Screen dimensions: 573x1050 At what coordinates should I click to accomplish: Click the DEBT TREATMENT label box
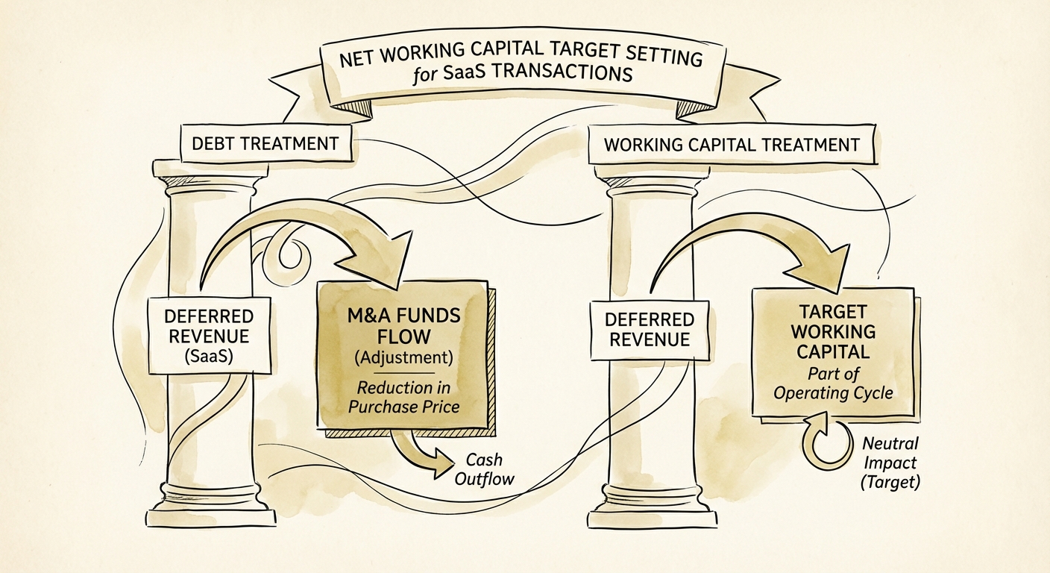(x=266, y=143)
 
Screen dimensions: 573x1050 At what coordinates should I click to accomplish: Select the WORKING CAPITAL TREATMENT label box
(x=732, y=144)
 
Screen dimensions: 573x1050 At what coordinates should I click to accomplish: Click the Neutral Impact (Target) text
(x=890, y=463)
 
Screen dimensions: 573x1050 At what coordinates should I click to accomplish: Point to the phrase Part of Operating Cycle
(x=832, y=383)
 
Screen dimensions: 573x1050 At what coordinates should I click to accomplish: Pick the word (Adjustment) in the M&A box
(x=403, y=357)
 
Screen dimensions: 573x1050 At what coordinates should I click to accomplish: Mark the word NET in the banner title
(x=359, y=58)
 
